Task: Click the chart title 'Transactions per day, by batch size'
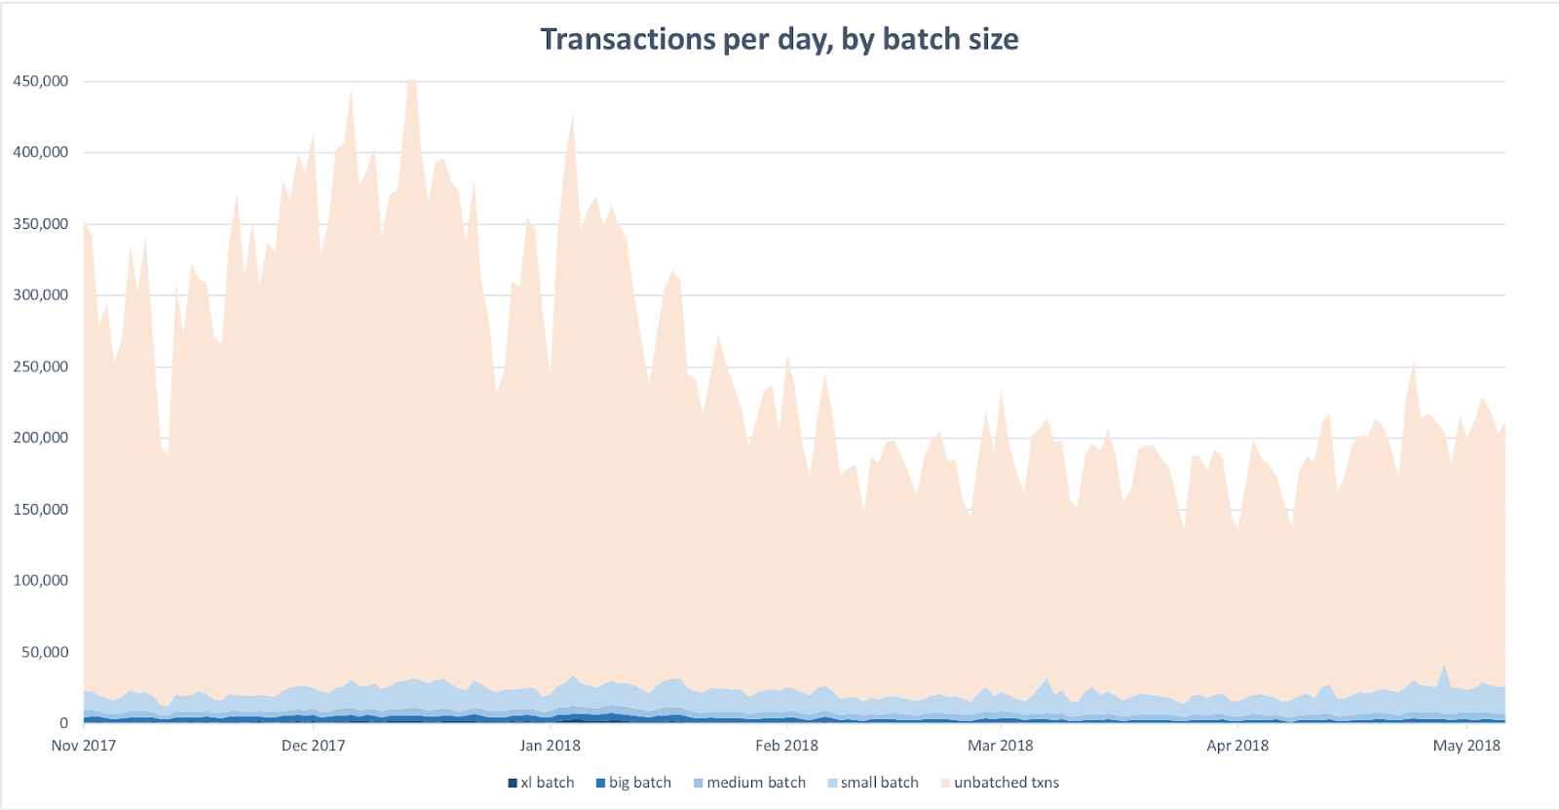pyautogui.click(x=779, y=39)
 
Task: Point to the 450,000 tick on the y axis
pyautogui.click(x=41, y=81)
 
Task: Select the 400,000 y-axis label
pyautogui.click(x=41, y=152)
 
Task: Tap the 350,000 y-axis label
pyautogui.click(x=41, y=224)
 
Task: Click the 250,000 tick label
pyautogui.click(x=41, y=366)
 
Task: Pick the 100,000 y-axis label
pyautogui.click(x=41, y=581)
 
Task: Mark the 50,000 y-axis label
pyautogui.click(x=45, y=652)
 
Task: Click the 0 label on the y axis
pyautogui.click(x=64, y=723)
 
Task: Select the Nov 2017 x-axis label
pyautogui.click(x=84, y=746)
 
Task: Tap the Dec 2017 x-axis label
pyautogui.click(x=313, y=746)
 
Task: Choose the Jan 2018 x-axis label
pyautogui.click(x=550, y=746)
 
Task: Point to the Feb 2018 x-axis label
pyautogui.click(x=786, y=746)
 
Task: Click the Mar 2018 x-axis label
pyautogui.click(x=1000, y=746)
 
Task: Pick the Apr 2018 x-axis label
pyautogui.click(x=1237, y=746)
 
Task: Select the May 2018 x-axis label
pyautogui.click(x=1466, y=746)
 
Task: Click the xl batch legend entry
pyautogui.click(x=542, y=783)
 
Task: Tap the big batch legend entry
pyautogui.click(x=634, y=783)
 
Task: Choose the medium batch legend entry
pyautogui.click(x=750, y=783)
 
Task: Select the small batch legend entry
pyautogui.click(x=873, y=783)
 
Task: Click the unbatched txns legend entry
pyautogui.click(x=1000, y=783)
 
